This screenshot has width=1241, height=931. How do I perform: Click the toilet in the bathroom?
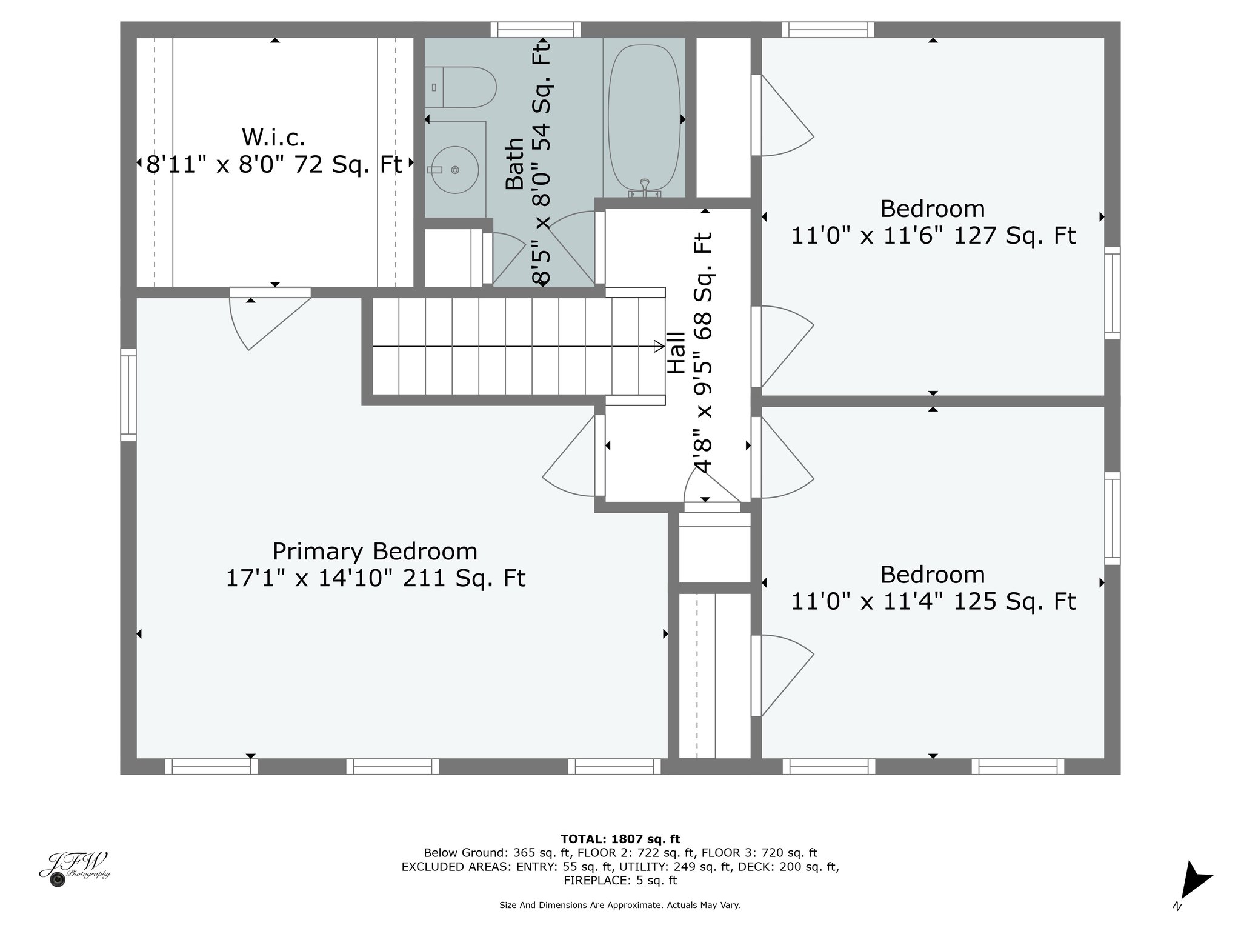(460, 87)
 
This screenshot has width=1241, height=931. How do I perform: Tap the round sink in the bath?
(454, 170)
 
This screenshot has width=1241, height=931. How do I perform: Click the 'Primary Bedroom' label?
(374, 552)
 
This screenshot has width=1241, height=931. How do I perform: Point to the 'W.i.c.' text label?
(273, 138)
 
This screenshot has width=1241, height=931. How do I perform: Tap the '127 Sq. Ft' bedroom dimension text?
(1015, 235)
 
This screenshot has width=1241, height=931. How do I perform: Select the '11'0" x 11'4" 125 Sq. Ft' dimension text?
(933, 601)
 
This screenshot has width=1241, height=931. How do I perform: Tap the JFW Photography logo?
(74, 869)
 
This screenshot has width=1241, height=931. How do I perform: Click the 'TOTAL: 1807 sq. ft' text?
(620, 839)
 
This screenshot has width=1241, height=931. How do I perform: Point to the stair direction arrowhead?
(659, 346)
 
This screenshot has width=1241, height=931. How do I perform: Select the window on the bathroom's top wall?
(536, 30)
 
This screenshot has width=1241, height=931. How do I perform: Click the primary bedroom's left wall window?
(128, 395)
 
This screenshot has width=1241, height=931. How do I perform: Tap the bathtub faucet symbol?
(644, 189)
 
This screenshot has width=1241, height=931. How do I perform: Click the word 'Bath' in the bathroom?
(514, 164)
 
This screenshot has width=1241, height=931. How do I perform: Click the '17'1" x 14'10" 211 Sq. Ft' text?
(375, 578)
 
